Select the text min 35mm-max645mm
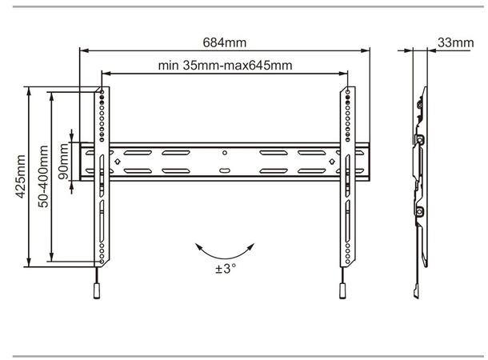click(x=224, y=66)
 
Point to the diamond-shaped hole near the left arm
click(x=118, y=161)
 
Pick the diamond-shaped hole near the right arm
click(x=331, y=161)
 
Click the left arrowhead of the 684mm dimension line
click(x=82, y=51)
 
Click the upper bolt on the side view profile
click(x=419, y=140)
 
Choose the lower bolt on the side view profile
click(x=419, y=213)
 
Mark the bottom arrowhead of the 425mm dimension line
click(x=30, y=264)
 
